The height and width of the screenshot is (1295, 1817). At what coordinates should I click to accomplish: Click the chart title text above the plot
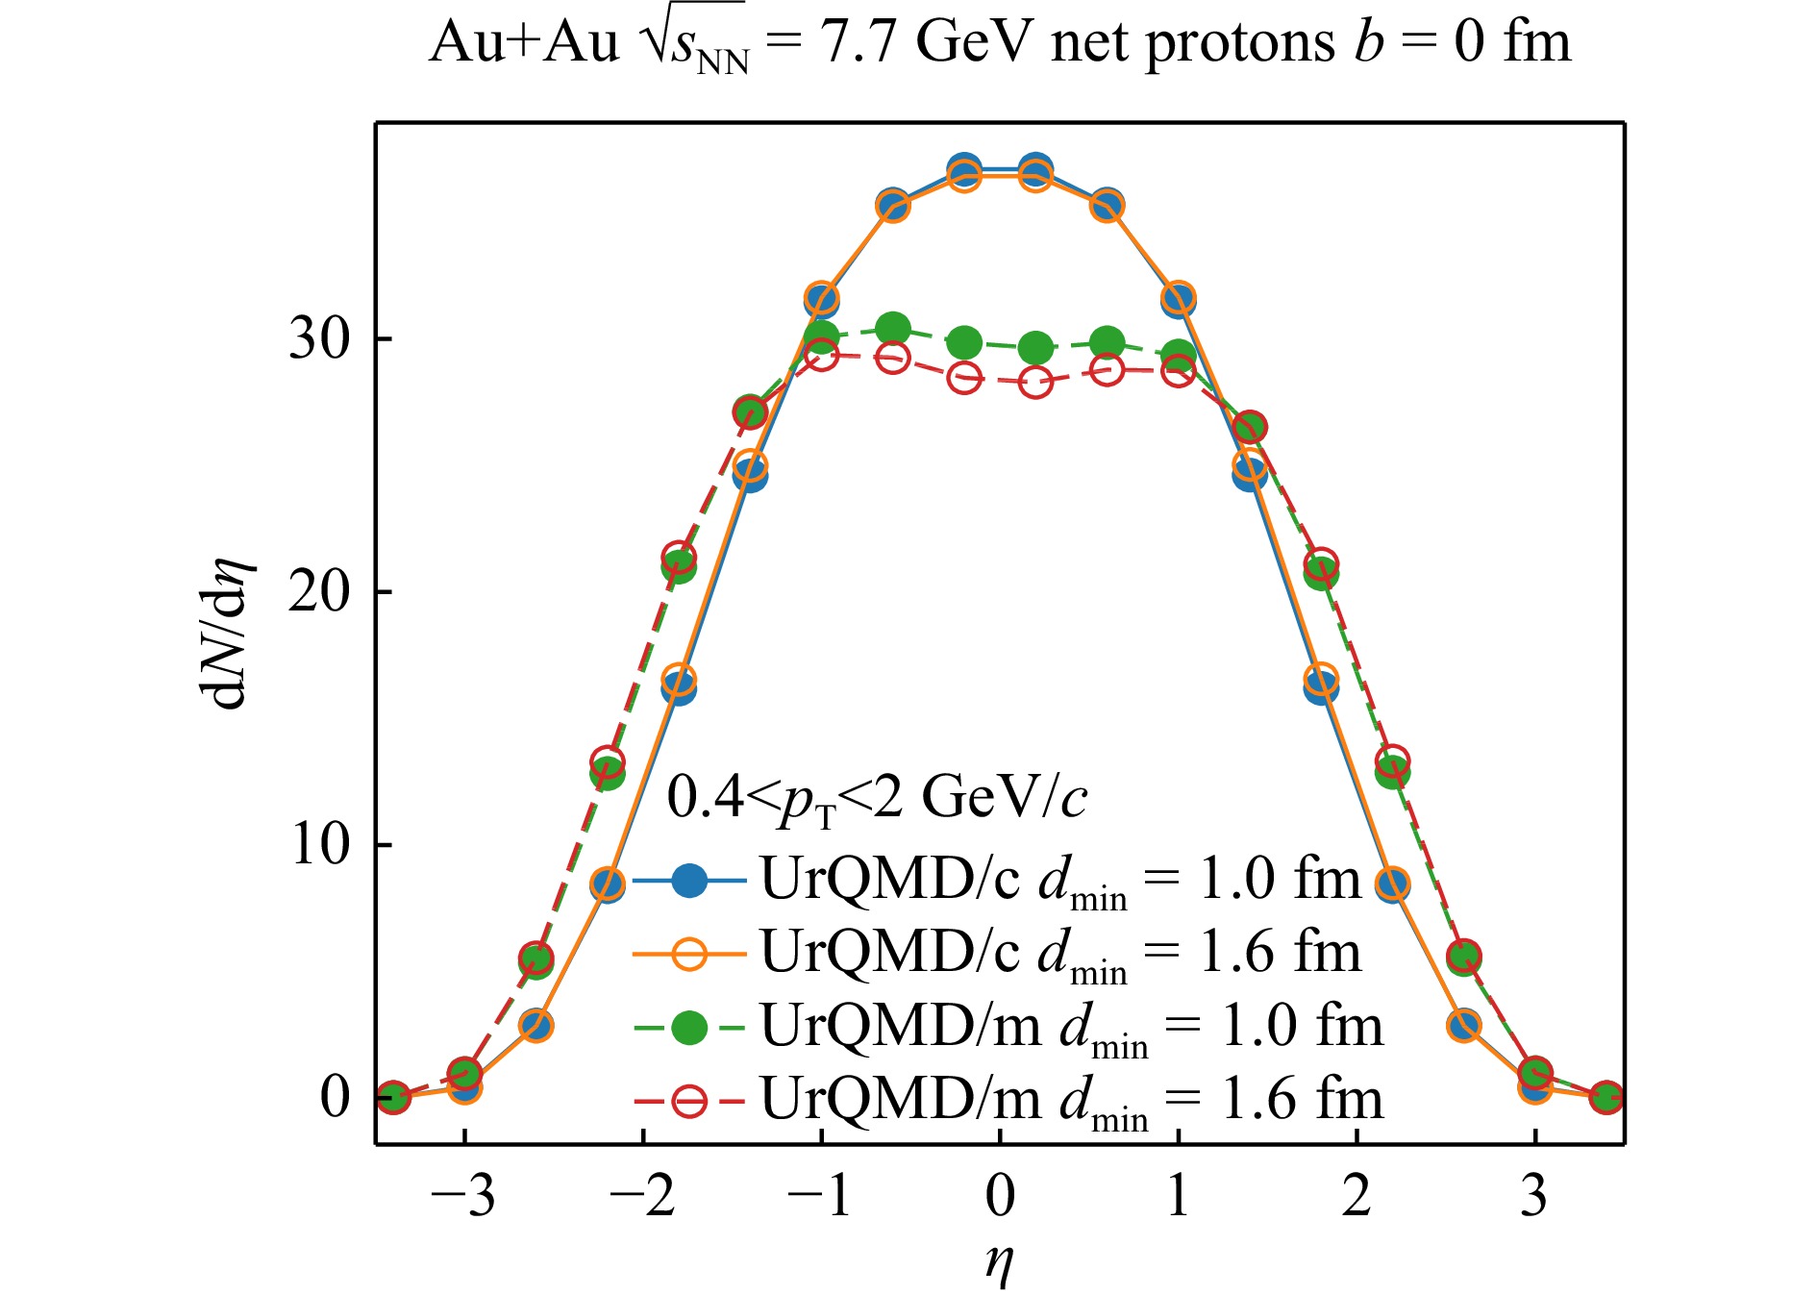pyautogui.click(x=1000, y=43)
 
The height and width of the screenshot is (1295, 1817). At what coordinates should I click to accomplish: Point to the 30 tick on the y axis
pyautogui.click(x=320, y=338)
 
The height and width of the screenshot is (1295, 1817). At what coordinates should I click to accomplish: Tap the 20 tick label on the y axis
pyautogui.click(x=320, y=591)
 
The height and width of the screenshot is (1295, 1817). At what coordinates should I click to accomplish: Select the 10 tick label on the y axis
pyautogui.click(x=320, y=844)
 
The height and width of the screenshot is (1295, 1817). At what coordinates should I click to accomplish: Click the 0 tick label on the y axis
pyautogui.click(x=336, y=1096)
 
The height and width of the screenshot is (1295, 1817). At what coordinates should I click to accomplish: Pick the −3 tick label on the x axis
pyautogui.click(x=463, y=1197)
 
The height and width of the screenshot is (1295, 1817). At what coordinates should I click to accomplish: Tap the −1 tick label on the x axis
pyautogui.click(x=819, y=1197)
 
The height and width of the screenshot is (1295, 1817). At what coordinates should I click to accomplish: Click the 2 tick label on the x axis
pyautogui.click(x=1357, y=1197)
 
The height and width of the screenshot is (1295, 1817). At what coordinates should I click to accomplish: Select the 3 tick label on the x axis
pyautogui.click(x=1534, y=1197)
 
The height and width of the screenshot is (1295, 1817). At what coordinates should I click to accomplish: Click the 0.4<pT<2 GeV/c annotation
pyautogui.click(x=877, y=798)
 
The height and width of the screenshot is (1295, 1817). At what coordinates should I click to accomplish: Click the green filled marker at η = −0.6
pyautogui.click(x=893, y=329)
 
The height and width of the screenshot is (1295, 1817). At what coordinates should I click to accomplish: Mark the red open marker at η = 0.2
pyautogui.click(x=1035, y=383)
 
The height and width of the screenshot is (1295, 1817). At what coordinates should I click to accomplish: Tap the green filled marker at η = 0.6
pyautogui.click(x=1108, y=341)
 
